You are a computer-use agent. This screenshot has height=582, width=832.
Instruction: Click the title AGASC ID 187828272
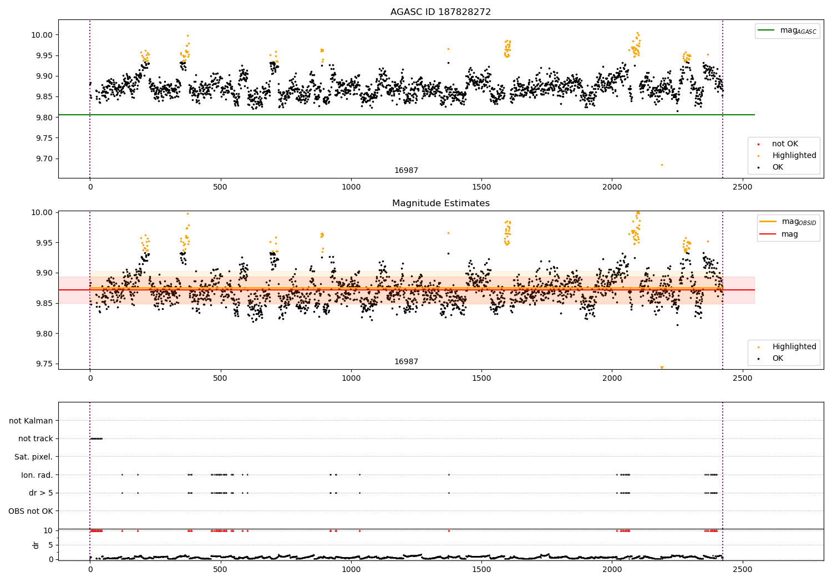coord(440,12)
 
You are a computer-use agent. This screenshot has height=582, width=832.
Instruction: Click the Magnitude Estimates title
coord(440,203)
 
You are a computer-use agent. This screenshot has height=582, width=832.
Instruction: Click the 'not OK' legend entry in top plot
coord(784,144)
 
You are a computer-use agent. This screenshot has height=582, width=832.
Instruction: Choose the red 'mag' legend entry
coord(789,234)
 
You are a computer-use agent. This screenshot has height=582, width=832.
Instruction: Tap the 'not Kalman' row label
coord(31,421)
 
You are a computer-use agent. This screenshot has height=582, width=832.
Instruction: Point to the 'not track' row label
coord(35,439)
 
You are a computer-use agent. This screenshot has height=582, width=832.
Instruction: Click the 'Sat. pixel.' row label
coord(33,457)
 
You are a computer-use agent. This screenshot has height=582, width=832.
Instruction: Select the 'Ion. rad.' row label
coord(37,475)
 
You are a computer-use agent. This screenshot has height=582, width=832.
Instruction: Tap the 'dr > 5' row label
coord(40,493)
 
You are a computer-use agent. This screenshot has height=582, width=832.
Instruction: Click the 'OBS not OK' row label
coord(31,511)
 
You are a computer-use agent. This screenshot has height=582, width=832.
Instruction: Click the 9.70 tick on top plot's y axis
coord(43,159)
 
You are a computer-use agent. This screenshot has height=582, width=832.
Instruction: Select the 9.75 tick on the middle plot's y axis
coord(43,364)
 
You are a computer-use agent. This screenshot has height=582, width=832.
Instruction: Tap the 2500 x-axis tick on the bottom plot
coord(742,569)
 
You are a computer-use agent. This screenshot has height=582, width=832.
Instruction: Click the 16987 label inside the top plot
coord(406,171)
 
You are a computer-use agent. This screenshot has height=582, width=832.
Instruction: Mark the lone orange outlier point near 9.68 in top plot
coord(661,165)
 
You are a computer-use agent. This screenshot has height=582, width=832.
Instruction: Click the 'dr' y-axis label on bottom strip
coord(36,545)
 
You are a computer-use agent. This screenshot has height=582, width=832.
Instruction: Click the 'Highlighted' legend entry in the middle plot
coord(794,347)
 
